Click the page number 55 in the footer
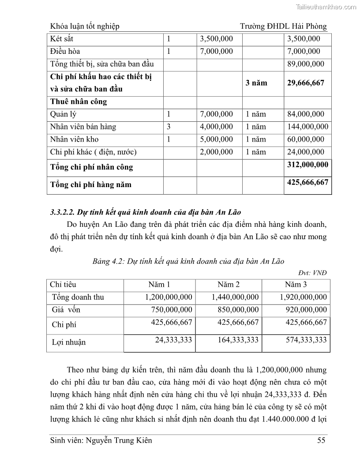(x=322, y=440)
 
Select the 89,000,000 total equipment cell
(x=305, y=64)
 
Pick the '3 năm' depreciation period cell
(x=256, y=83)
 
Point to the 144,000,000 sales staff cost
(x=307, y=127)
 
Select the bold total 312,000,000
(x=307, y=165)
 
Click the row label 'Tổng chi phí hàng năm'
(x=91, y=184)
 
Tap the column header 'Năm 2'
(x=229, y=285)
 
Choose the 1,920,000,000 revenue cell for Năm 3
(x=304, y=297)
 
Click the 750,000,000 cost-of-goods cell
(x=172, y=310)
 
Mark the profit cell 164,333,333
(x=238, y=340)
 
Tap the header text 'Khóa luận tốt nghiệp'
(x=85, y=26)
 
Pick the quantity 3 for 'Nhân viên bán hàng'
(x=169, y=127)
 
